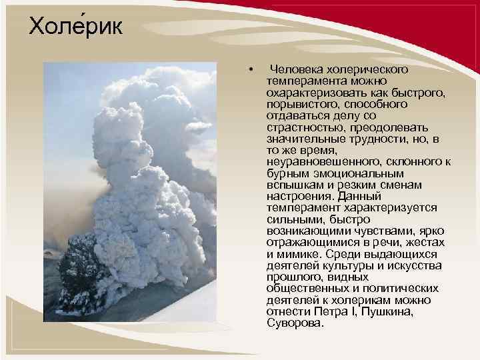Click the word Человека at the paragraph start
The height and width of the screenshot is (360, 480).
tap(297, 70)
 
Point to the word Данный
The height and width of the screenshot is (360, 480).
tap(359, 198)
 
